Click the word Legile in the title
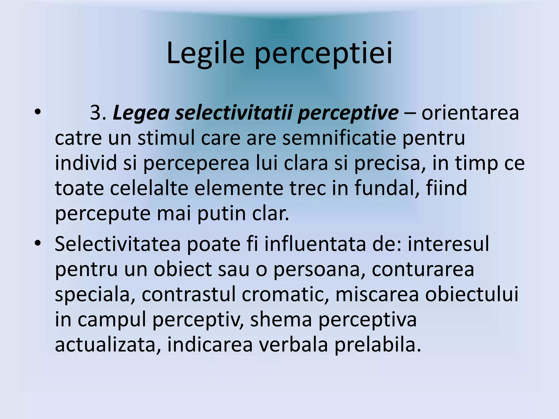(x=205, y=53)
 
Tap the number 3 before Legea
(x=96, y=113)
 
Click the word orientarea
(x=470, y=113)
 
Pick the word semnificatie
(x=339, y=138)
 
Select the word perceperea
(x=196, y=163)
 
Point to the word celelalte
(x=149, y=188)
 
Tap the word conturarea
(x=423, y=269)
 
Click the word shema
(x=281, y=319)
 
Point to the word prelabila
(x=378, y=345)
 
